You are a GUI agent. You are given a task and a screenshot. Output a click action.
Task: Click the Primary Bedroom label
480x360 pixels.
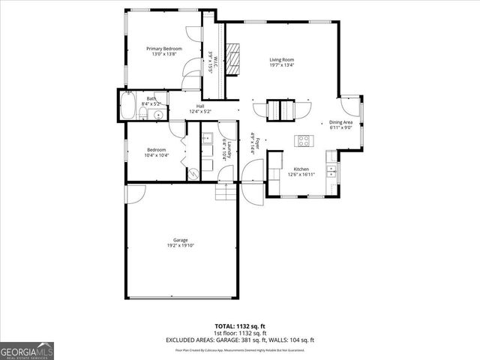click(x=163, y=49)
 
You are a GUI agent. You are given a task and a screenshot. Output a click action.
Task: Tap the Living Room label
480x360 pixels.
click(x=281, y=59)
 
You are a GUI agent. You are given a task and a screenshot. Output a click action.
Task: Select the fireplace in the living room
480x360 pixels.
click(x=233, y=59)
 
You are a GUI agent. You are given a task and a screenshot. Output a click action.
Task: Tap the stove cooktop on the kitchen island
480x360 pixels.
click(x=304, y=139)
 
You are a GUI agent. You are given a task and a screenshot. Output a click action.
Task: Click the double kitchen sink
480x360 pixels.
click(x=331, y=163)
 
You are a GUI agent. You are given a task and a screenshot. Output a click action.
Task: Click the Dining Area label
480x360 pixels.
click(x=341, y=122)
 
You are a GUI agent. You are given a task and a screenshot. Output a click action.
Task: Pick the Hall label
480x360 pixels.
click(x=200, y=106)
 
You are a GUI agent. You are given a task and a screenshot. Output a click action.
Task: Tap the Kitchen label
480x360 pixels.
click(x=301, y=169)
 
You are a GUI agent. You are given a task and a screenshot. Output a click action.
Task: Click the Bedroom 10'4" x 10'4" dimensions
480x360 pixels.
click(x=157, y=155)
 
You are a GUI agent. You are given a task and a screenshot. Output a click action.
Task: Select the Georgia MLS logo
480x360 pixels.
click(x=27, y=350)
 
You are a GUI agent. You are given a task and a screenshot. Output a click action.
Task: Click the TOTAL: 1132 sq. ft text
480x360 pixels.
click(x=239, y=326)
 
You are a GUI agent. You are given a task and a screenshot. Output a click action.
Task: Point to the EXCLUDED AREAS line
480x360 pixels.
click(x=239, y=340)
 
